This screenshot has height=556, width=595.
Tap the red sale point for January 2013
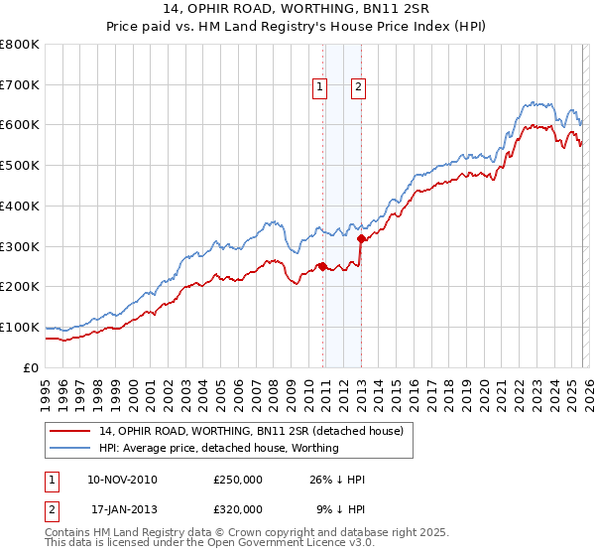coord(361,238)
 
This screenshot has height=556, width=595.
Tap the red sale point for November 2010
coord(323,266)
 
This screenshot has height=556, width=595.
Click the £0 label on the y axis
coord(32,367)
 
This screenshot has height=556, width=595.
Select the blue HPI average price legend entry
coord(219,448)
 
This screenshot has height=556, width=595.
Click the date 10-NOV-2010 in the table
coord(122,480)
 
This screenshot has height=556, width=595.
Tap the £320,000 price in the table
coord(238,509)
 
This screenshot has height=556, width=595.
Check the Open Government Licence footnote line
coord(199,545)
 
